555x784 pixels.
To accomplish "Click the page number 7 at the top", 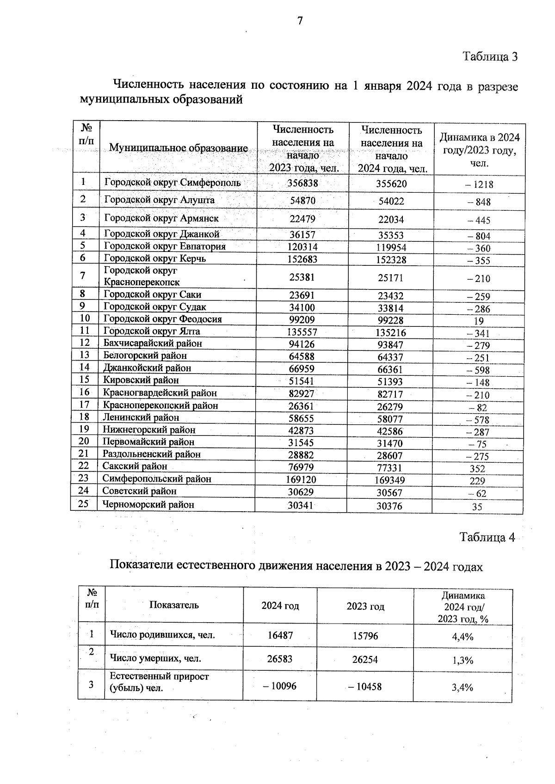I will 300,20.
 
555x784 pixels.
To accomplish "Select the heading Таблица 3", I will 490,57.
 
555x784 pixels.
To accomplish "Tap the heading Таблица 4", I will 487,537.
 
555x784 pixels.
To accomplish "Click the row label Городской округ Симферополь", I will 172,183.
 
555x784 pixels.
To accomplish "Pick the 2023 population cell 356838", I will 302,183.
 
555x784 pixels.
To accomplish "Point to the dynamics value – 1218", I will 479,184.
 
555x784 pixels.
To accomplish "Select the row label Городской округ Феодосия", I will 162,319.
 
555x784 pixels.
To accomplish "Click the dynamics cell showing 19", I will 479,321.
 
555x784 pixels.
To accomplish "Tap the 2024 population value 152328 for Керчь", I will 391,260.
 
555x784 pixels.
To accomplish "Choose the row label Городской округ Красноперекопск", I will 142,276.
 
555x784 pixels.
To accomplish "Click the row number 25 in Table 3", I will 83,504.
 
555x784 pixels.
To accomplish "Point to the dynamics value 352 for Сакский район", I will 477,469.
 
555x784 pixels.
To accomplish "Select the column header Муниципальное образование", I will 178,148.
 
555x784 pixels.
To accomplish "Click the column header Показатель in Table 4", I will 174,605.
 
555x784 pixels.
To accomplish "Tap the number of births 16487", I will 280,636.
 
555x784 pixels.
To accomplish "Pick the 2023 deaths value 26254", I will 364,660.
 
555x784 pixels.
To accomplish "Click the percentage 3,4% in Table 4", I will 462,687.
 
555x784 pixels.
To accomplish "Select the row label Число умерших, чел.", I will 155,658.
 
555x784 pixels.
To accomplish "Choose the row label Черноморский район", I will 148,505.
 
